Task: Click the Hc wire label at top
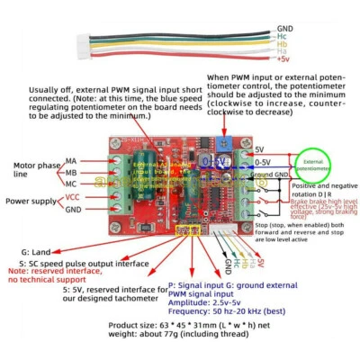282,36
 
